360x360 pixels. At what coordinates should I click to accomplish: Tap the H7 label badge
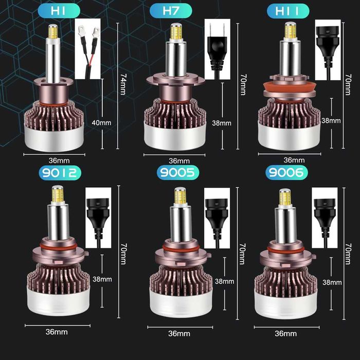[170, 10]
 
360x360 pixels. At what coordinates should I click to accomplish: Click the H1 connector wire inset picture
[87, 49]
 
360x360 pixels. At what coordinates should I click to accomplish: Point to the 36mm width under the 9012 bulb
[57, 332]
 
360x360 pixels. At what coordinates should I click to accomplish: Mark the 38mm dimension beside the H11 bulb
[331, 120]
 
